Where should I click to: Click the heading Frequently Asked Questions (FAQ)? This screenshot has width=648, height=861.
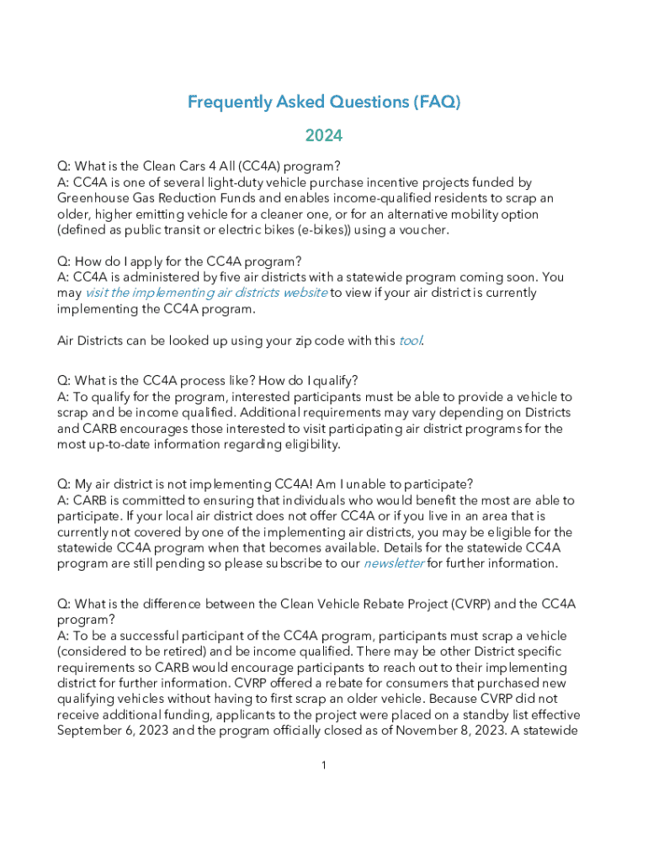(x=324, y=103)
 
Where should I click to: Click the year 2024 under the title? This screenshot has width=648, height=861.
(x=324, y=135)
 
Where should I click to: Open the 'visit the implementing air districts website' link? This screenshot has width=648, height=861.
(x=206, y=293)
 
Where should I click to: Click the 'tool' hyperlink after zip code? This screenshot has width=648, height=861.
(x=410, y=341)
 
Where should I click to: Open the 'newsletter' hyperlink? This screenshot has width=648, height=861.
(x=393, y=563)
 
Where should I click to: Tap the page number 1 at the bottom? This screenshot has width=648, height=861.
(x=324, y=765)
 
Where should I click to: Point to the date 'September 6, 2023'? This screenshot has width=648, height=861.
(x=112, y=730)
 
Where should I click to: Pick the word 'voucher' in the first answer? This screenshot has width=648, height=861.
(x=421, y=230)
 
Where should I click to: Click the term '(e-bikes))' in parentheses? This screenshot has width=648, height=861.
(x=321, y=230)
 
